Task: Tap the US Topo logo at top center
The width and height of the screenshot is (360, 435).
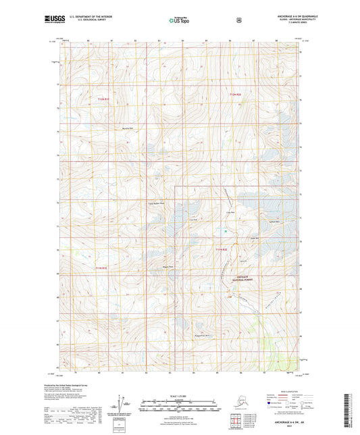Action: click(178, 21)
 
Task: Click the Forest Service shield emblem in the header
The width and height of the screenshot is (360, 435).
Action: click(238, 20)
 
